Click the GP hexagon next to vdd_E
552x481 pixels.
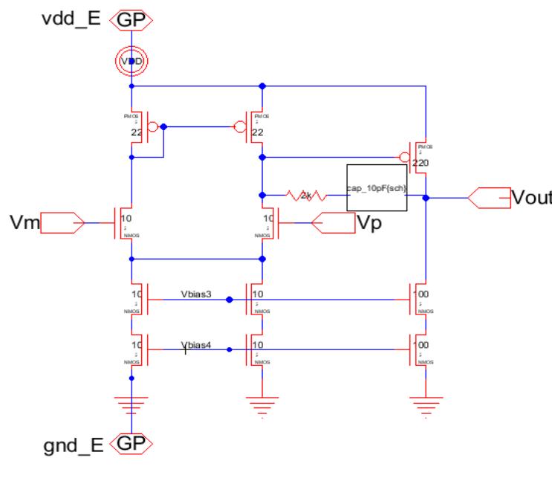(131, 19)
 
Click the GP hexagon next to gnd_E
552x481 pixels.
(131, 445)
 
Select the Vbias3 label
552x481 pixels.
(196, 294)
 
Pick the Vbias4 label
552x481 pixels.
(196, 342)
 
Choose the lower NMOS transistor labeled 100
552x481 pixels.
(418, 348)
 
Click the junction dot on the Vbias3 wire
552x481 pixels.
(230, 300)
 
